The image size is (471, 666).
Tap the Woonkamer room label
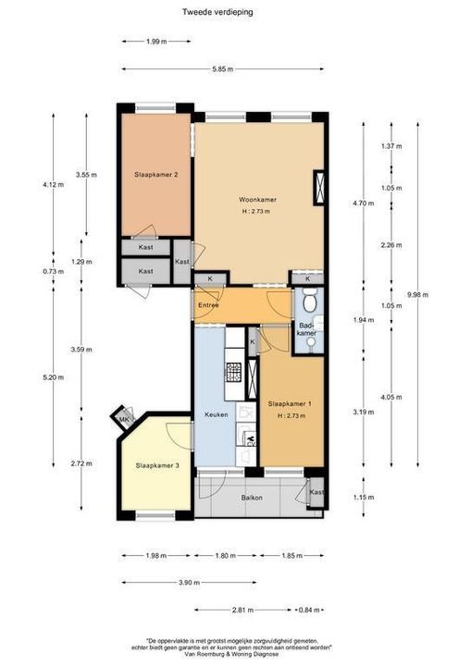coord(257,200)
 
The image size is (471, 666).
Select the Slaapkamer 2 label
coord(155,174)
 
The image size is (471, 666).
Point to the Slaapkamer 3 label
coord(156,465)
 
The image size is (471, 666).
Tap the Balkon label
coord(253,498)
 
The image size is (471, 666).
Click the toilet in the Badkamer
coord(310,302)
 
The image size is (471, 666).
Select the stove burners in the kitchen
coord(234,371)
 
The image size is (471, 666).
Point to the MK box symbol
coord(122,420)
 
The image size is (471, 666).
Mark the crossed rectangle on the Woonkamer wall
coord(320,187)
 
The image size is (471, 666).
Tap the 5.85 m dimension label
coord(221,69)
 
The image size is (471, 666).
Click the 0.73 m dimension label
coord(54,272)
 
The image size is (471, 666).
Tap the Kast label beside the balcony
coord(316,492)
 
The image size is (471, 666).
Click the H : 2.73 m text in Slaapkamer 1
coord(289,415)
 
